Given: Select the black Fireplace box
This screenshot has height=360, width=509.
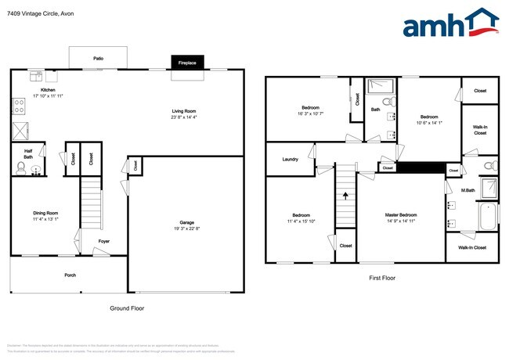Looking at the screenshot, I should (x=187, y=62).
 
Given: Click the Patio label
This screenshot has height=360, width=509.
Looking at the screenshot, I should (x=99, y=58).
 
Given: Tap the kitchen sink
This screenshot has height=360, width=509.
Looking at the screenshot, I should (x=36, y=76).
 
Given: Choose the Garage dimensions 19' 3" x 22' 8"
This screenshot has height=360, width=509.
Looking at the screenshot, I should (x=186, y=229).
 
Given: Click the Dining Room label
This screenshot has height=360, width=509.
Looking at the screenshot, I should (x=45, y=212).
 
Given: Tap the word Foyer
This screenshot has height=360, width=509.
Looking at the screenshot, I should (x=103, y=241).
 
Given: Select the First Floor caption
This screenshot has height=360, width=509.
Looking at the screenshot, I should (x=381, y=278).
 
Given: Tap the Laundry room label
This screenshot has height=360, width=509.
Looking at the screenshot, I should (x=290, y=159).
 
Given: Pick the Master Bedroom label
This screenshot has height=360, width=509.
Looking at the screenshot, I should (x=400, y=214).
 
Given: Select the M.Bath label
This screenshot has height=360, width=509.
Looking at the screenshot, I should (x=468, y=190).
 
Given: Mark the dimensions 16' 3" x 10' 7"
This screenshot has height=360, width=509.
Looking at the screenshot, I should (x=310, y=113).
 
